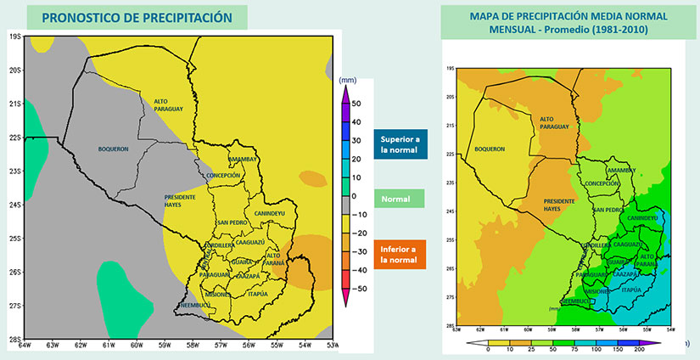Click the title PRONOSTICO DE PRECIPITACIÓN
point(137,16)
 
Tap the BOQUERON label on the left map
point(112,149)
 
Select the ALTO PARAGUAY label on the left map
point(168,106)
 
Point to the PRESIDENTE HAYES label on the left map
point(181,200)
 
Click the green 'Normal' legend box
point(397,200)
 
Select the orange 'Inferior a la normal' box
point(397,253)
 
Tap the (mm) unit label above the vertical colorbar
point(348,80)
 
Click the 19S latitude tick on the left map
point(15,37)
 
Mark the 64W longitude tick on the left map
point(25,345)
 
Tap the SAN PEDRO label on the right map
point(608,209)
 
